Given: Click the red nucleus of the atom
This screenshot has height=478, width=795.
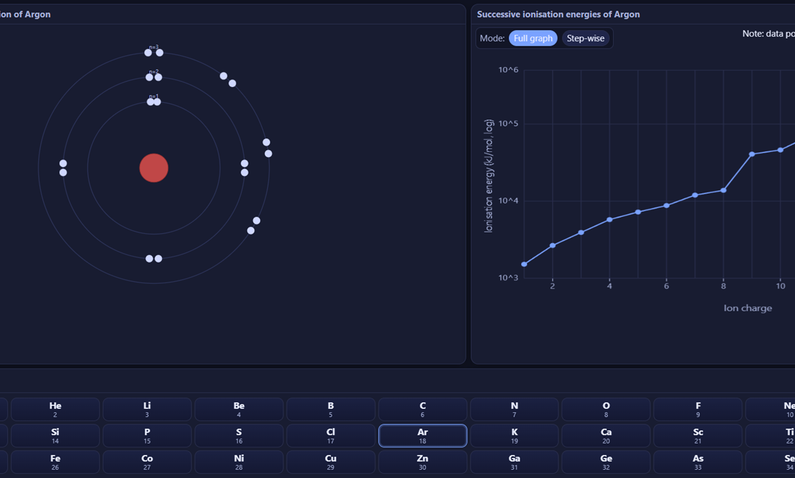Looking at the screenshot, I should [x=154, y=168].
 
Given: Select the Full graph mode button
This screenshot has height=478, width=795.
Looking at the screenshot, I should [x=533, y=39].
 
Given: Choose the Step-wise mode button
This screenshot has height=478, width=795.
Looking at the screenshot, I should [x=585, y=39].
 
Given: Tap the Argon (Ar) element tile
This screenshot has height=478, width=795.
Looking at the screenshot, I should [x=423, y=436].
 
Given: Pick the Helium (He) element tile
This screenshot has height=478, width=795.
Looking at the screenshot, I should [x=55, y=409].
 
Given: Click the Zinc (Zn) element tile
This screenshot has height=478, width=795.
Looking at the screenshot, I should [x=423, y=462].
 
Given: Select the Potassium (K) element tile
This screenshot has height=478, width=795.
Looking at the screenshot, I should [x=514, y=436].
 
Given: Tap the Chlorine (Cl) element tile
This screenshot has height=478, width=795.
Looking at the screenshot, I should [x=330, y=436].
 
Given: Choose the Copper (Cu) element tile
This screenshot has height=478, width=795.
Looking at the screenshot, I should [x=330, y=462].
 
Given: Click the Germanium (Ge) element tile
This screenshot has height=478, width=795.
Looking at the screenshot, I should [x=606, y=462].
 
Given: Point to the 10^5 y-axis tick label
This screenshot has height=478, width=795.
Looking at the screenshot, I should [x=508, y=124].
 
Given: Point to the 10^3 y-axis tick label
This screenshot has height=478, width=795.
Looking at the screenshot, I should [x=508, y=278].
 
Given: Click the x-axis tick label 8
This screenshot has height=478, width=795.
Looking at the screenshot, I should [x=723, y=286].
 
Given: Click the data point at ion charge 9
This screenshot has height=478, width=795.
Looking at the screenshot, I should [x=752, y=154].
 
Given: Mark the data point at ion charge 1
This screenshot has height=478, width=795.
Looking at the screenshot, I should [x=524, y=264].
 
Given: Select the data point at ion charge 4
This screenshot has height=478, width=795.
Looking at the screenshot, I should [x=610, y=219].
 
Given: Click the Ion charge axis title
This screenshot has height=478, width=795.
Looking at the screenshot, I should [x=748, y=308].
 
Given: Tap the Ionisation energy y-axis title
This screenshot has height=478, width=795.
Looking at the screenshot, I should [x=489, y=176].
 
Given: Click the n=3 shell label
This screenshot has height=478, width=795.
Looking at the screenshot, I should [x=154, y=47].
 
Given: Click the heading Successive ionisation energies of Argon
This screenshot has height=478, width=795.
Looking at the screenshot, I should [x=558, y=14].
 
